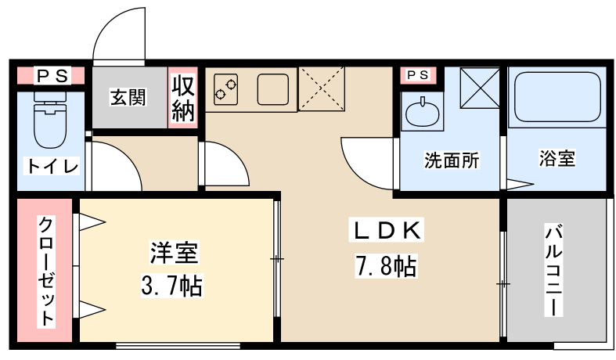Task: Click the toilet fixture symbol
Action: tap(50, 120)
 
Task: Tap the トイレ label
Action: tap(52, 166)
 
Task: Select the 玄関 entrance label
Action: tap(128, 97)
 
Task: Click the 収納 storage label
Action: tap(183, 98)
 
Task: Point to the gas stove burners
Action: tap(226, 89)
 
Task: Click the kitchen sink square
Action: tap(273, 89)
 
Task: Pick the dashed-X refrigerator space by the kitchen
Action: tap(322, 88)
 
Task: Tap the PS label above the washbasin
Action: tap(418, 74)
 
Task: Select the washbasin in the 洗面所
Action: tap(423, 112)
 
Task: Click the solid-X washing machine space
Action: tap(480, 88)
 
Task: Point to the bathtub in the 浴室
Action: tap(557, 97)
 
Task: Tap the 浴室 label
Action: tap(557, 158)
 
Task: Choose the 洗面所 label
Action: tap(452, 160)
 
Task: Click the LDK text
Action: tap(387, 231)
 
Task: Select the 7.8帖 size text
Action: tap(386, 266)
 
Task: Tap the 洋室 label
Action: tap(174, 252)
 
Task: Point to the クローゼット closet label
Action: tap(46, 272)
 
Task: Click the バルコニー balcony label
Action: tap(553, 271)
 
